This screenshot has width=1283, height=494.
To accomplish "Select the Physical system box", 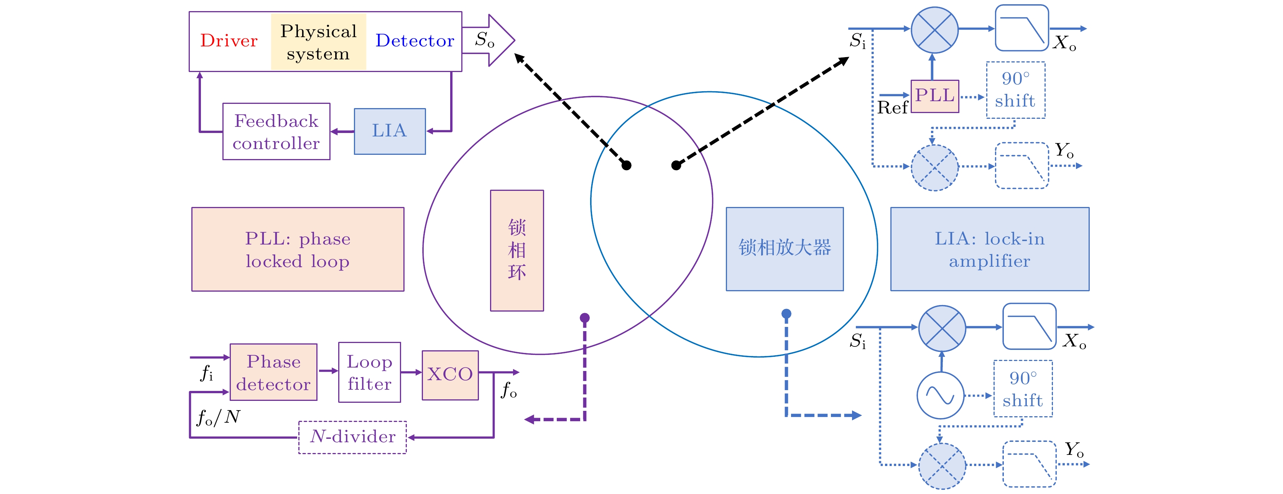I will [318, 42].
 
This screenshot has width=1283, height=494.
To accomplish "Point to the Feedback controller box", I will [276, 131].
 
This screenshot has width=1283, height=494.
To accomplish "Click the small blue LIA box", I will [390, 131].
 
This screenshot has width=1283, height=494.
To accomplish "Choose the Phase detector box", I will [273, 372].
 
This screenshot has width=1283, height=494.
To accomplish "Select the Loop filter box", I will [369, 372].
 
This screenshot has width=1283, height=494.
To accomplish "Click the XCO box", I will [450, 374].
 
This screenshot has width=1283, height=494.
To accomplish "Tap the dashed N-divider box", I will [352, 437].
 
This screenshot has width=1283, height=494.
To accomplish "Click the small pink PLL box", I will [934, 95].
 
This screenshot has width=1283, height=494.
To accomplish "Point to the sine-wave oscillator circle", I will [940, 396].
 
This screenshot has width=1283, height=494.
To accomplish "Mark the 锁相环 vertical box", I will [516, 251].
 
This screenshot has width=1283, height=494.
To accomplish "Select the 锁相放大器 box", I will [785, 248].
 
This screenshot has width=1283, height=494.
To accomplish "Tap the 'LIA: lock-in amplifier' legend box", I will [989, 249].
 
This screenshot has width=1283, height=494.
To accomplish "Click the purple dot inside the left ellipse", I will [585, 318].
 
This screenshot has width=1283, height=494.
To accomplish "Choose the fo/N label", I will [219, 417].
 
